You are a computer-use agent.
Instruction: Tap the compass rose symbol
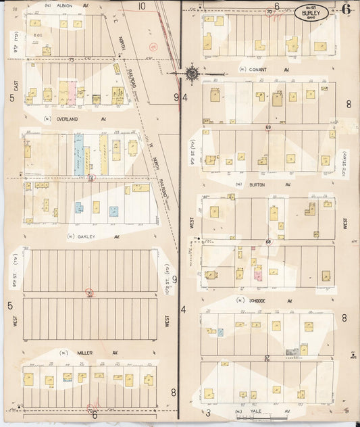[191, 72]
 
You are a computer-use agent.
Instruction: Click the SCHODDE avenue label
[260, 301]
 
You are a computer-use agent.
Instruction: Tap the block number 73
[71, 61]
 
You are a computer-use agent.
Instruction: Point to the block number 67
[267, 357]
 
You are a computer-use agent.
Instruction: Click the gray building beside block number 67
[292, 352]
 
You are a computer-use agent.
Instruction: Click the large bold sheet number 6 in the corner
[345, 9]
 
